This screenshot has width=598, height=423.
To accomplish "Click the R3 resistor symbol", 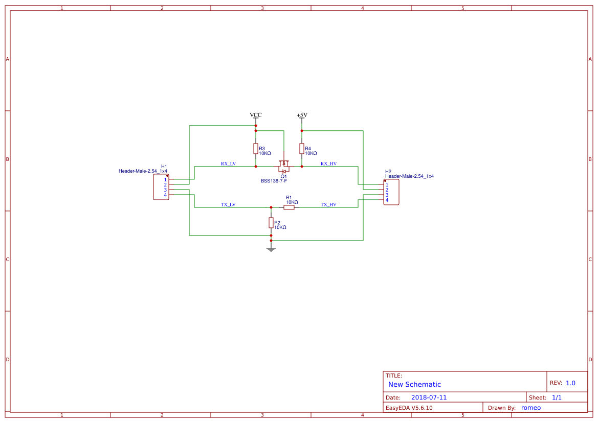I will [x=256, y=149].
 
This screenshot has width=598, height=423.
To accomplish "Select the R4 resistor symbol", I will [x=302, y=149].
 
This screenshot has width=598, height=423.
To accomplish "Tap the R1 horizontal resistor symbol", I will [x=289, y=207].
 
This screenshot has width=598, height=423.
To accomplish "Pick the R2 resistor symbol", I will [x=271, y=223].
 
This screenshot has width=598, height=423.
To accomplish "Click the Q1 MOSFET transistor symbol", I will [x=284, y=167].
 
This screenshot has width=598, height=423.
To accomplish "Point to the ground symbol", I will [x=271, y=249].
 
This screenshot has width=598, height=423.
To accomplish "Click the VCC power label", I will [x=256, y=115].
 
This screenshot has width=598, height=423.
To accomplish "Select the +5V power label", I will [x=302, y=115].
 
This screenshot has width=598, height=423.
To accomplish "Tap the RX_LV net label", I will [x=228, y=163].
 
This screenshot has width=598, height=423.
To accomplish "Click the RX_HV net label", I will [x=328, y=163].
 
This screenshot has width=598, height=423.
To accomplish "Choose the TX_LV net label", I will [x=228, y=204].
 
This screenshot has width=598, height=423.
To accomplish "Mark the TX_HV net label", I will [x=328, y=204].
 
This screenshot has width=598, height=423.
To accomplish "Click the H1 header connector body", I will [x=160, y=187].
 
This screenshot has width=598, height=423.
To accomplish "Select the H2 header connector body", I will [x=392, y=192].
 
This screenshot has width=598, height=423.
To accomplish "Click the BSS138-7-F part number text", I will [x=274, y=181].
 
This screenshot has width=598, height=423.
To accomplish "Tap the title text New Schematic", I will [x=414, y=384].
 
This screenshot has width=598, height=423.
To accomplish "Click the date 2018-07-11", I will [x=429, y=397].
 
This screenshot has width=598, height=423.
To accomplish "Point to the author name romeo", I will [x=531, y=408].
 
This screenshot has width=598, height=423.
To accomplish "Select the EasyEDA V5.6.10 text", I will [x=409, y=408].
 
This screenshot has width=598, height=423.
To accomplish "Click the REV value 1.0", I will [x=570, y=383].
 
